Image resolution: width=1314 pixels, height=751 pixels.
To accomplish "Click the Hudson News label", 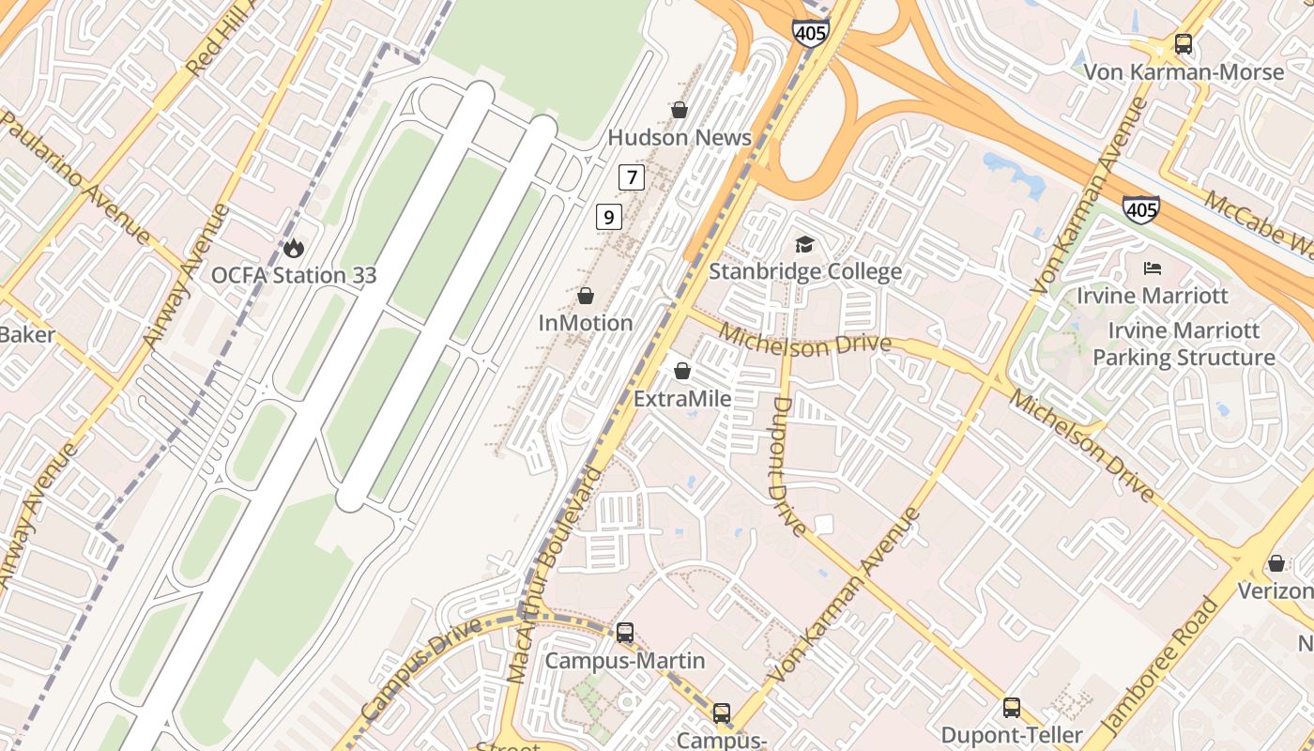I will point(680,138).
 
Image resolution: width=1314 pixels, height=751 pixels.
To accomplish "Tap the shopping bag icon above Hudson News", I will point(680,111).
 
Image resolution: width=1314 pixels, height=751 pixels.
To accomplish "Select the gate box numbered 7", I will point(632,176).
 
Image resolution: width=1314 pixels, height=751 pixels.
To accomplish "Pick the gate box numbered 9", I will point(609,218).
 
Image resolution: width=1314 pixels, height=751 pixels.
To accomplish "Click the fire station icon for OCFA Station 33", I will point(294,249).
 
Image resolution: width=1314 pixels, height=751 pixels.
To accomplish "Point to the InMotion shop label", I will point(586,323).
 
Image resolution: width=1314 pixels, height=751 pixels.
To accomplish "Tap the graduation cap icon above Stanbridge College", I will point(804,245).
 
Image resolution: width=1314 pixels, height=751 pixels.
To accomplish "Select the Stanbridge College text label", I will point(804,272).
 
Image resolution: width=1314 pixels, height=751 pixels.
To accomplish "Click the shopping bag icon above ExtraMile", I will point(682,372).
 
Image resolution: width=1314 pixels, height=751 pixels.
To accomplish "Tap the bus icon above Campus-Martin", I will point(625,633).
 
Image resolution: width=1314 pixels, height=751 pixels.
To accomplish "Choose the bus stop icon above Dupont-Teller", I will point(1012,708).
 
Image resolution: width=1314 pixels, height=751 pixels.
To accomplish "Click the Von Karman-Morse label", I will point(1184,72).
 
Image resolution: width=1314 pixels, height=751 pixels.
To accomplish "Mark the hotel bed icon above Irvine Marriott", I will point(1153,268).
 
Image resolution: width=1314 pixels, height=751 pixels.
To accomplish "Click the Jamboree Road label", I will point(1161,666).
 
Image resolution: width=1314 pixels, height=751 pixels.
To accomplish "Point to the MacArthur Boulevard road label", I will point(555,573).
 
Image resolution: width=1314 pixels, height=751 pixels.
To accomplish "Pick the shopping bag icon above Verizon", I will point(1276,564).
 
